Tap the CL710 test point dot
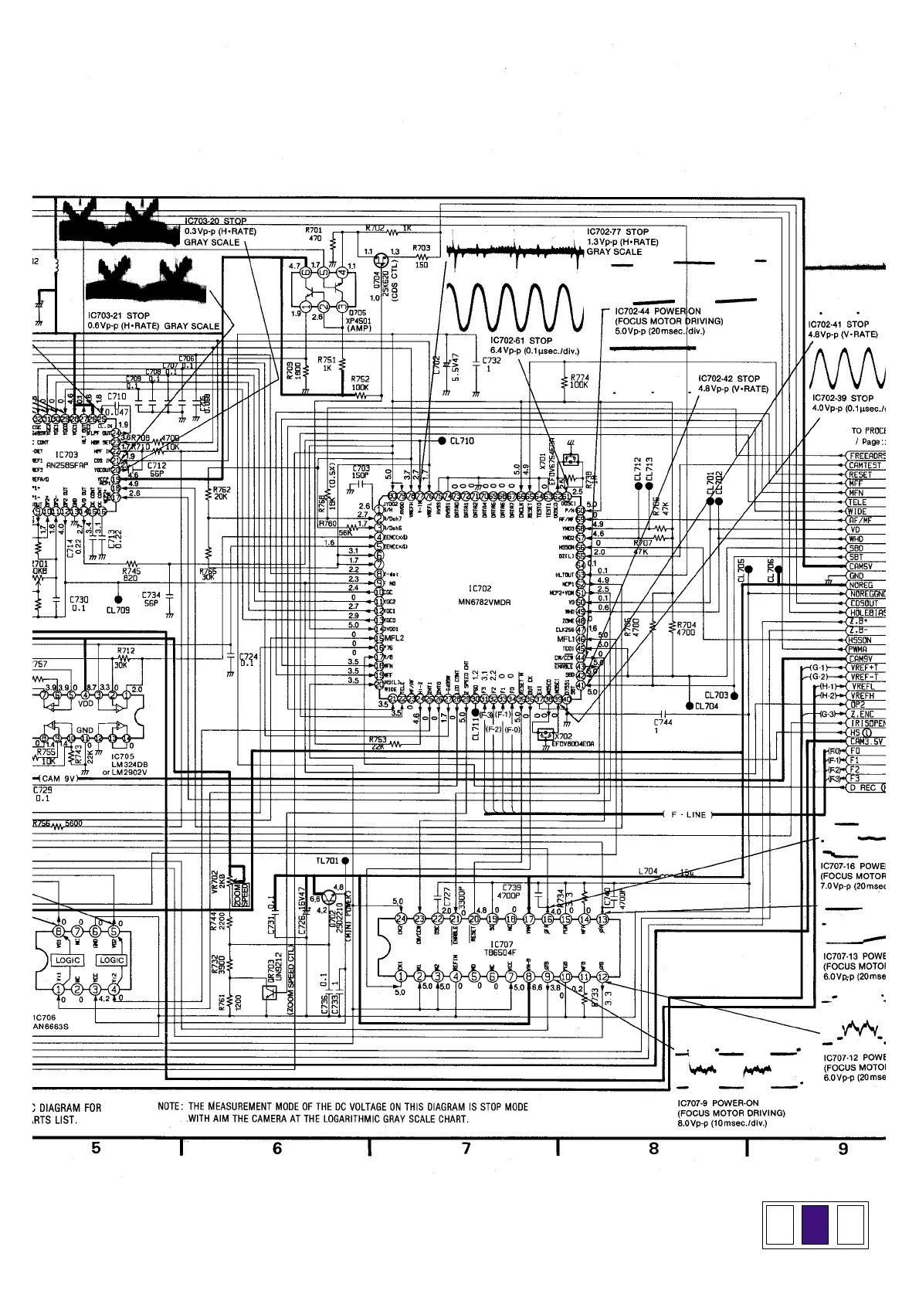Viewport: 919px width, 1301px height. pyautogui.click(x=442, y=441)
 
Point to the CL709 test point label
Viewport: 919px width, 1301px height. pyautogui.click(x=117, y=610)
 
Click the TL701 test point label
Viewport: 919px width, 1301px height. pyautogui.click(x=327, y=861)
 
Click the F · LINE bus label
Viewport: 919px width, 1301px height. pyautogui.click(x=688, y=814)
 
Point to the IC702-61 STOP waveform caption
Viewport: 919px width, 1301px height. pyautogui.click(x=521, y=345)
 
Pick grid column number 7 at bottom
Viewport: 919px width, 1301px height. pyautogui.click(x=466, y=1149)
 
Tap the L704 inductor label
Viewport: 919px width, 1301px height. pyautogui.click(x=648, y=871)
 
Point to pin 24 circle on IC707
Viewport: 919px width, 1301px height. pyautogui.click(x=401, y=919)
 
